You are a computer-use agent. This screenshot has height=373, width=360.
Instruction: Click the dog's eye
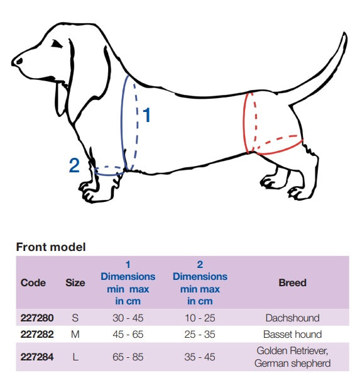click(x=57, y=44)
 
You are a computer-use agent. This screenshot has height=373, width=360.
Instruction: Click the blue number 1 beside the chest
click(x=146, y=114)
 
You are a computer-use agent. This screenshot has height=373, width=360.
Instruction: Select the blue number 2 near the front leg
click(x=74, y=165)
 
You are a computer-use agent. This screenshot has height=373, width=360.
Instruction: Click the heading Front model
click(x=51, y=247)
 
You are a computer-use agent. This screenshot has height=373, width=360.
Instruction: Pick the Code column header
click(x=33, y=282)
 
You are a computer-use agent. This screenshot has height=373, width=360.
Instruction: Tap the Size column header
click(x=75, y=282)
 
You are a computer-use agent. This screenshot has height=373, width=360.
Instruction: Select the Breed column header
click(x=293, y=282)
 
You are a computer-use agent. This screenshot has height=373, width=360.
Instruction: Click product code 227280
click(x=37, y=318)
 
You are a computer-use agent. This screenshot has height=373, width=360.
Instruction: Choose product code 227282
click(x=37, y=334)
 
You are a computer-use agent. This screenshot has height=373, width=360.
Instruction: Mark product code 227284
click(x=37, y=357)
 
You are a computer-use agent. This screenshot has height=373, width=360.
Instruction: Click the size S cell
click(x=75, y=318)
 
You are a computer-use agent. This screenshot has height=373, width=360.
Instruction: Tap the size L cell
click(x=75, y=357)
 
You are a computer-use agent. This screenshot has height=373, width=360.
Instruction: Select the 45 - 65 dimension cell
click(x=128, y=334)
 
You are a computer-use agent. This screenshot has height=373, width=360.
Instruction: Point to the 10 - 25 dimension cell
click(x=200, y=318)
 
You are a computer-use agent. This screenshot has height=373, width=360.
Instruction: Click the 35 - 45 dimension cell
click(x=200, y=357)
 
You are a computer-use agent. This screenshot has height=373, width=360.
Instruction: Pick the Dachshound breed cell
click(x=293, y=318)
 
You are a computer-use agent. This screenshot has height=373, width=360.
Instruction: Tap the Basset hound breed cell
click(x=293, y=334)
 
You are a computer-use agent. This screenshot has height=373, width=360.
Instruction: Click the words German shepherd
click(x=293, y=363)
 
